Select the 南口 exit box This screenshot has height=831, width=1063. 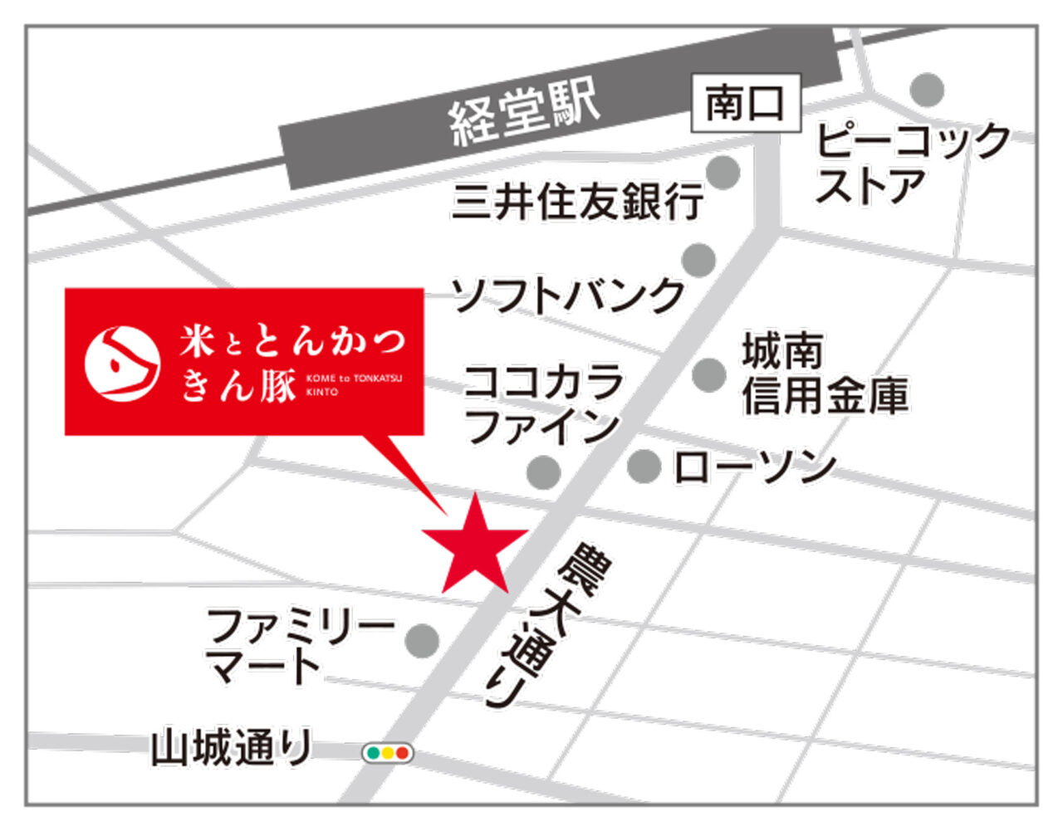point(745,104)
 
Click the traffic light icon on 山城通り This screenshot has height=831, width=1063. point(388,754)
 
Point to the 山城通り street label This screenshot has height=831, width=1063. point(231,748)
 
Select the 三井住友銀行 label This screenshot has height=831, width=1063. point(578,201)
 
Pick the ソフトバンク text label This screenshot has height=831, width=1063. point(568,295)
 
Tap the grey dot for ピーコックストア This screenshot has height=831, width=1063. point(927,89)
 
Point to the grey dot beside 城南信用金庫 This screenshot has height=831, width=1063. point(709,374)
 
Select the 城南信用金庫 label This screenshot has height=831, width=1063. point(825,374)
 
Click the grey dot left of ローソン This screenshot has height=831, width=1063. point(644,467)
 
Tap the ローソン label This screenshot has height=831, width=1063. point(754,467)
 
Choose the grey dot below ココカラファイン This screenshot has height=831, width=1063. point(544,472)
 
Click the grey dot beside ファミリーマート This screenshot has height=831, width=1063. point(422,640)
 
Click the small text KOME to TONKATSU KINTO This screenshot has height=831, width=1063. point(353,384)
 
